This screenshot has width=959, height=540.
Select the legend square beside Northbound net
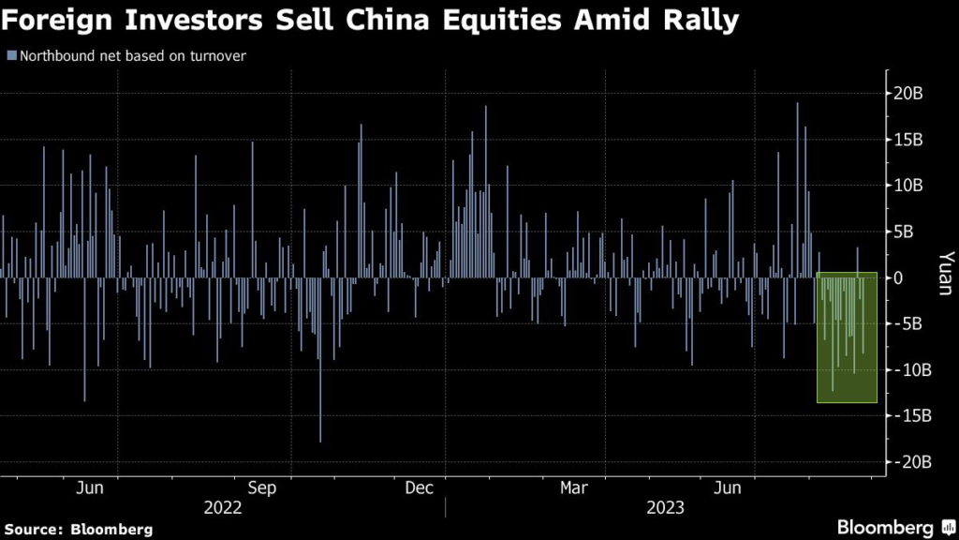(11, 55)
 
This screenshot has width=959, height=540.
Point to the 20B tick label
(908, 93)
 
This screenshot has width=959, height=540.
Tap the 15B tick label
(908, 140)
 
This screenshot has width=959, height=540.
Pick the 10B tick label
(908, 186)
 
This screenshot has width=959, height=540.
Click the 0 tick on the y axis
(900, 277)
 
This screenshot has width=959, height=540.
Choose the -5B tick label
(908, 324)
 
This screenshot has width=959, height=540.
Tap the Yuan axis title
(945, 272)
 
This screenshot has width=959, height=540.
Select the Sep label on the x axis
(262, 487)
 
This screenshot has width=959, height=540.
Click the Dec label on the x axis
(419, 487)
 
